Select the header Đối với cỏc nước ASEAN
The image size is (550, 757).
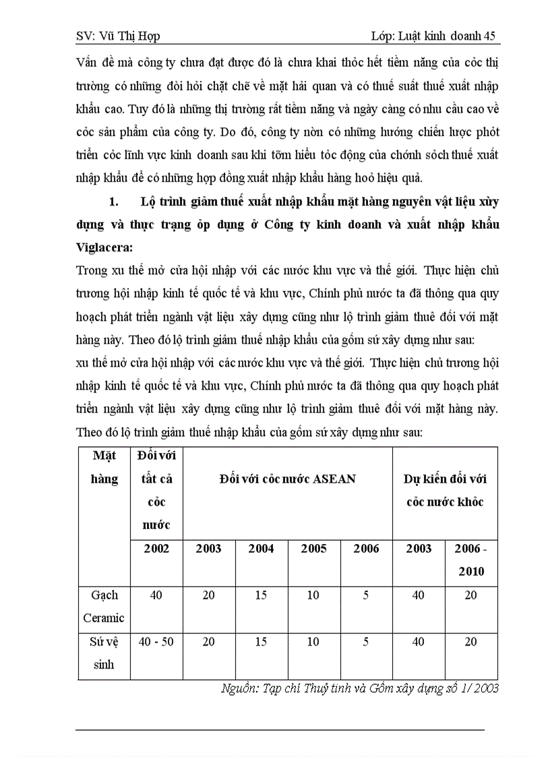pyautogui.click(x=288, y=479)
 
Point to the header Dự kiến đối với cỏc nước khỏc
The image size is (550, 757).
pyautogui.click(x=445, y=490)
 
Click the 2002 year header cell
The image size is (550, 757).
pyautogui.click(x=156, y=548)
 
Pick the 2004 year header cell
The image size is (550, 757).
pyautogui.click(x=261, y=548)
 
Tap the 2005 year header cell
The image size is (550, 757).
pyautogui.click(x=313, y=548)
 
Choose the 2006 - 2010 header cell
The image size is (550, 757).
pyautogui.click(x=471, y=559)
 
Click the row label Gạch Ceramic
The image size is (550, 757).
pyautogui.click(x=104, y=605)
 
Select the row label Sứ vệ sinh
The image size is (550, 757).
pyautogui.click(x=104, y=653)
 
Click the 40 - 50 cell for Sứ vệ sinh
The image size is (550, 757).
pyautogui.click(x=156, y=642)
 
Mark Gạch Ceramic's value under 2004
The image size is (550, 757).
pyautogui.click(x=261, y=595)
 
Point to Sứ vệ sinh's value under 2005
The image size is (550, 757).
pyautogui.click(x=313, y=642)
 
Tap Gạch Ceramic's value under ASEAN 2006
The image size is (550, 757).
pyautogui.click(x=366, y=595)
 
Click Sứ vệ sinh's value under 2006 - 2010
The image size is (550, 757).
pyautogui.click(x=471, y=642)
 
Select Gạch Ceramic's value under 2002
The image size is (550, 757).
pyautogui.click(x=156, y=595)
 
